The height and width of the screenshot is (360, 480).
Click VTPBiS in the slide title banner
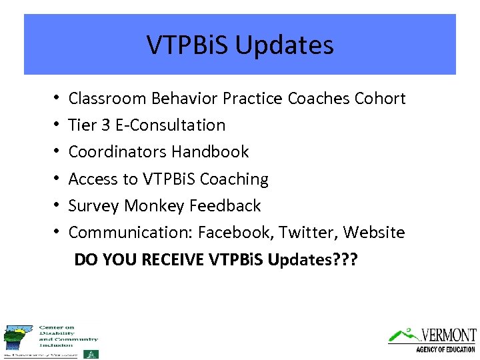[x=188, y=45]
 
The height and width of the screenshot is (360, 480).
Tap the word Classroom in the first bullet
[x=107, y=99]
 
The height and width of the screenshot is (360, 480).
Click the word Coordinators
[x=118, y=152]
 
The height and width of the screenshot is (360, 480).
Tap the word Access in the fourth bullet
[x=92, y=179]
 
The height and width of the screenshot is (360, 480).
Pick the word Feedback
[x=225, y=206]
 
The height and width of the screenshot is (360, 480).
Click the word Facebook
[x=235, y=233]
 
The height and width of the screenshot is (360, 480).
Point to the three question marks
[x=346, y=259]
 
